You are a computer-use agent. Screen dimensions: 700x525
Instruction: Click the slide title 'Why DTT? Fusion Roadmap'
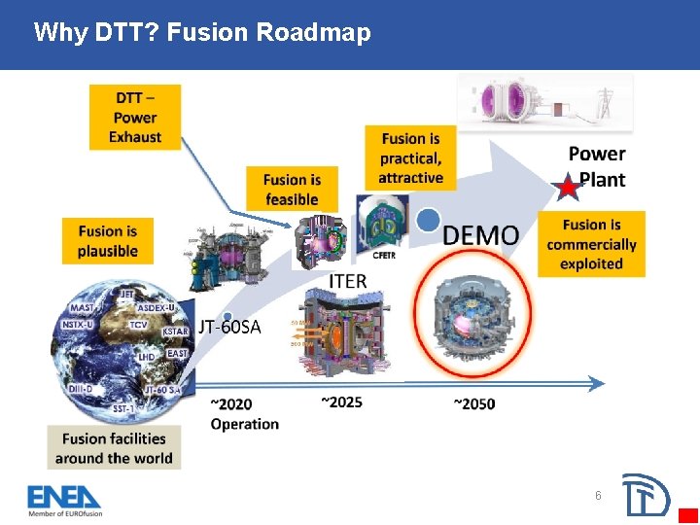(x=201, y=33)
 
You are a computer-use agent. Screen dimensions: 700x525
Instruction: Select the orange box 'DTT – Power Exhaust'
(x=135, y=118)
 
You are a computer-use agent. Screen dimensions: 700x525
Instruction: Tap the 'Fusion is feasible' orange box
(x=292, y=189)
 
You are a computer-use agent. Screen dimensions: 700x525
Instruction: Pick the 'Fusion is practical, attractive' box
(x=411, y=157)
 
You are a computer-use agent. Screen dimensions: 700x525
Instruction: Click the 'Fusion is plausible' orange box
(x=108, y=241)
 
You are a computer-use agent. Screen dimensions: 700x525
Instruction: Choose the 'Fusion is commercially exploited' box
(x=591, y=244)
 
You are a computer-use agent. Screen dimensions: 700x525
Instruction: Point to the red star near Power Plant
(x=565, y=187)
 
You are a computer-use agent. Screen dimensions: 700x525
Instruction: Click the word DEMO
(x=480, y=234)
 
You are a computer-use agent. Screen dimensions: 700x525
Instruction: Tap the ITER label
(x=348, y=281)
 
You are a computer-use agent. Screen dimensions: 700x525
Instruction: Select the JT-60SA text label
(x=230, y=327)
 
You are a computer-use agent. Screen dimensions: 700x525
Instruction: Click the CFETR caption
(x=384, y=255)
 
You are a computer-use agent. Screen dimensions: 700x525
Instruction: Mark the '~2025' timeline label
(x=341, y=402)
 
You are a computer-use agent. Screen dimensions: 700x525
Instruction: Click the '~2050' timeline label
(x=473, y=403)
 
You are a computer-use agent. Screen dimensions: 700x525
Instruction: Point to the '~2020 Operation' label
(x=244, y=413)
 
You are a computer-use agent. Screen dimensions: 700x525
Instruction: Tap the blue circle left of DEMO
(x=427, y=221)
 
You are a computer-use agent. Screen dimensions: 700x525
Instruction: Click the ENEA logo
(x=64, y=498)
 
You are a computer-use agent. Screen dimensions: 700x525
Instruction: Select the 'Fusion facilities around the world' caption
(x=114, y=448)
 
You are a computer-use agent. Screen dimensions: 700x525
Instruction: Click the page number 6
(x=598, y=496)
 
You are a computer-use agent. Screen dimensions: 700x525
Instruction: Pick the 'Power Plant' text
(x=597, y=166)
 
